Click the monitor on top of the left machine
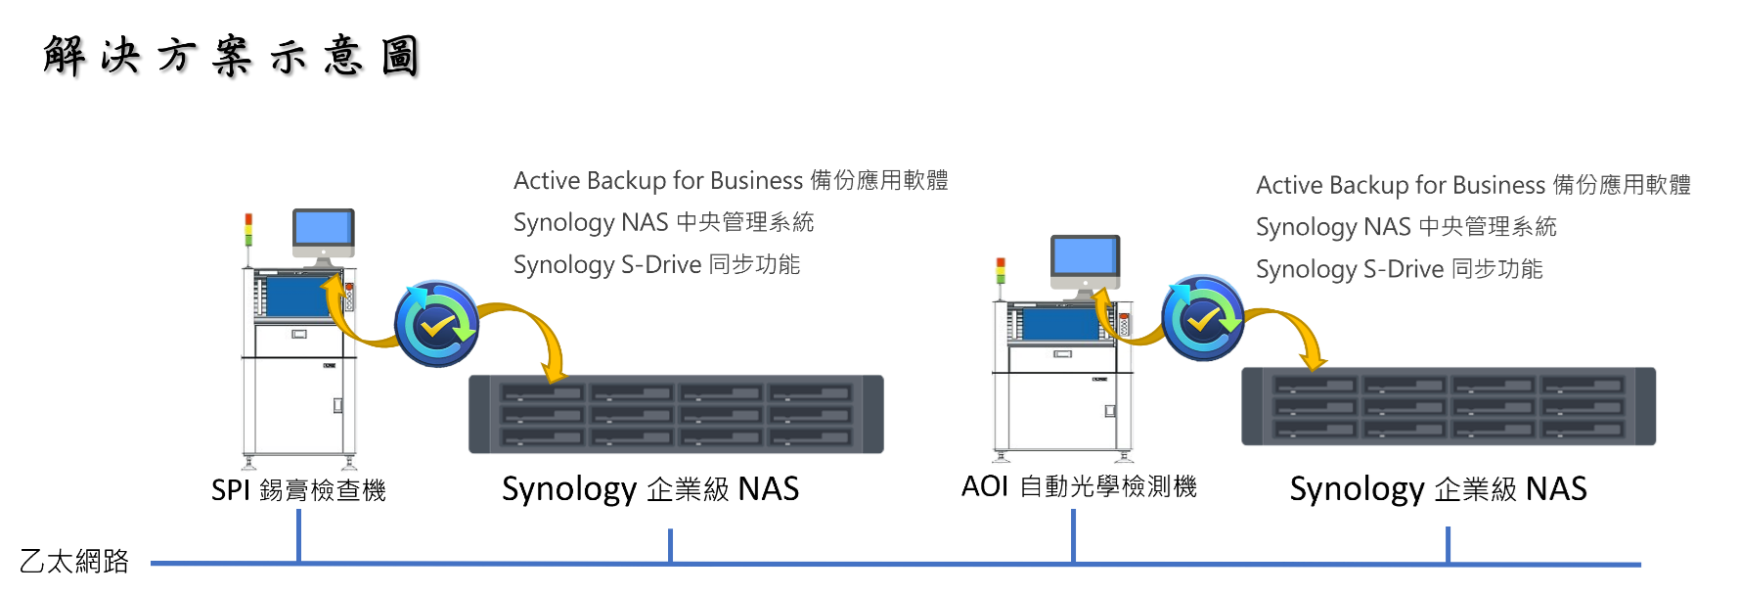click(x=323, y=231)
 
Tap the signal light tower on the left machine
click(x=248, y=230)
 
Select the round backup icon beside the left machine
click(x=436, y=324)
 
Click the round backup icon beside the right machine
click(x=1202, y=318)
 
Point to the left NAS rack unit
click(x=676, y=414)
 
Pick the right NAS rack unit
click(x=1449, y=406)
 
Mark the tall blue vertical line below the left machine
click(x=298, y=534)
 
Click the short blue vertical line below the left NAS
click(x=671, y=545)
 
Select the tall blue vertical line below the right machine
click(x=1074, y=534)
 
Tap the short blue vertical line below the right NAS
click(x=1449, y=544)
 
